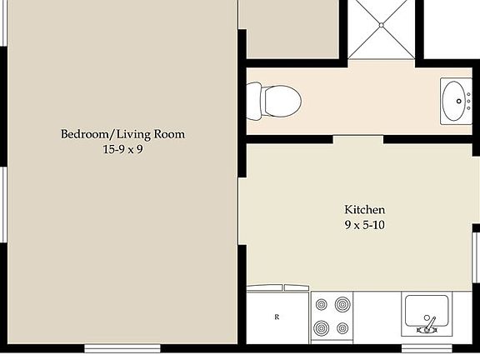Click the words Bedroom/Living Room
[122, 134]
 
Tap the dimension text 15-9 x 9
[122, 150]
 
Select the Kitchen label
[364, 209]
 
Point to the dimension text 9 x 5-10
[364, 225]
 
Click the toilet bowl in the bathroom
[284, 102]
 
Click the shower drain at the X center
[381, 26]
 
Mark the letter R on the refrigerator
[276, 317]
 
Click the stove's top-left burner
[321, 306]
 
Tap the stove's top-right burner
[342, 306]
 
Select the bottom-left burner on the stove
[321, 327]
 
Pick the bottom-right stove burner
[342, 327]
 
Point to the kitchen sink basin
[427, 309]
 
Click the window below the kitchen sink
[426, 347]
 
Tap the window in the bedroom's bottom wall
[122, 347]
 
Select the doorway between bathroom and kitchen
[358, 139]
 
